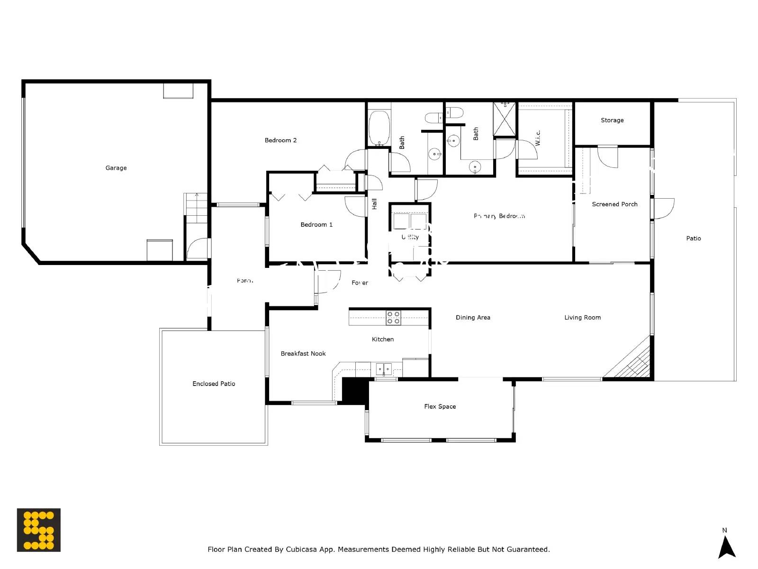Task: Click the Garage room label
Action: click(116, 168)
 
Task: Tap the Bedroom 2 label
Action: click(280, 140)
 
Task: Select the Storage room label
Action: click(612, 120)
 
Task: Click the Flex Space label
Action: click(440, 406)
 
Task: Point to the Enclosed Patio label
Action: click(214, 384)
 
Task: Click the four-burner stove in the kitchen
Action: click(393, 318)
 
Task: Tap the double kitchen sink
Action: click(384, 369)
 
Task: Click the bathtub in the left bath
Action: click(379, 128)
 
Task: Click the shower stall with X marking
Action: click(505, 119)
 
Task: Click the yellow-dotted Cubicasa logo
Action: click(39, 530)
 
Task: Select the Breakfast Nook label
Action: click(303, 354)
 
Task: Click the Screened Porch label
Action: click(614, 204)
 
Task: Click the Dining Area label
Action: click(473, 318)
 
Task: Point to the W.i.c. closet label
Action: click(538, 138)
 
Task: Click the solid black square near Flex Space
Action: click(355, 391)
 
